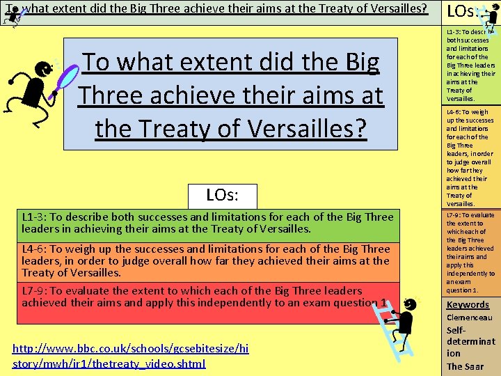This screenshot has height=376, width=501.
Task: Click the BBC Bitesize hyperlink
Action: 131,355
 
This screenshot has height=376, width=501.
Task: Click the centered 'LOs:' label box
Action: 223,196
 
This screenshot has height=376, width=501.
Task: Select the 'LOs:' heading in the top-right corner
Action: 461,12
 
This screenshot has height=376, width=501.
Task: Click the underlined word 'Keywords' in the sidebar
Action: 468,304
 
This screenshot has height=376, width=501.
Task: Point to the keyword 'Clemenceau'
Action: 470,318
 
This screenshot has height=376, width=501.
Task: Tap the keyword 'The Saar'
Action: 465,366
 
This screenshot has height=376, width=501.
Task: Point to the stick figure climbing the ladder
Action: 406,322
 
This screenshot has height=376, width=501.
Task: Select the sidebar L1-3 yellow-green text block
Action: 470,65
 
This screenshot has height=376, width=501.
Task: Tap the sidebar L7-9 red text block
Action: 470,252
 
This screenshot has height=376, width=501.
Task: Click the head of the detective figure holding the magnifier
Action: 42,70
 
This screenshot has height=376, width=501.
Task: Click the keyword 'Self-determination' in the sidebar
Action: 470,342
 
